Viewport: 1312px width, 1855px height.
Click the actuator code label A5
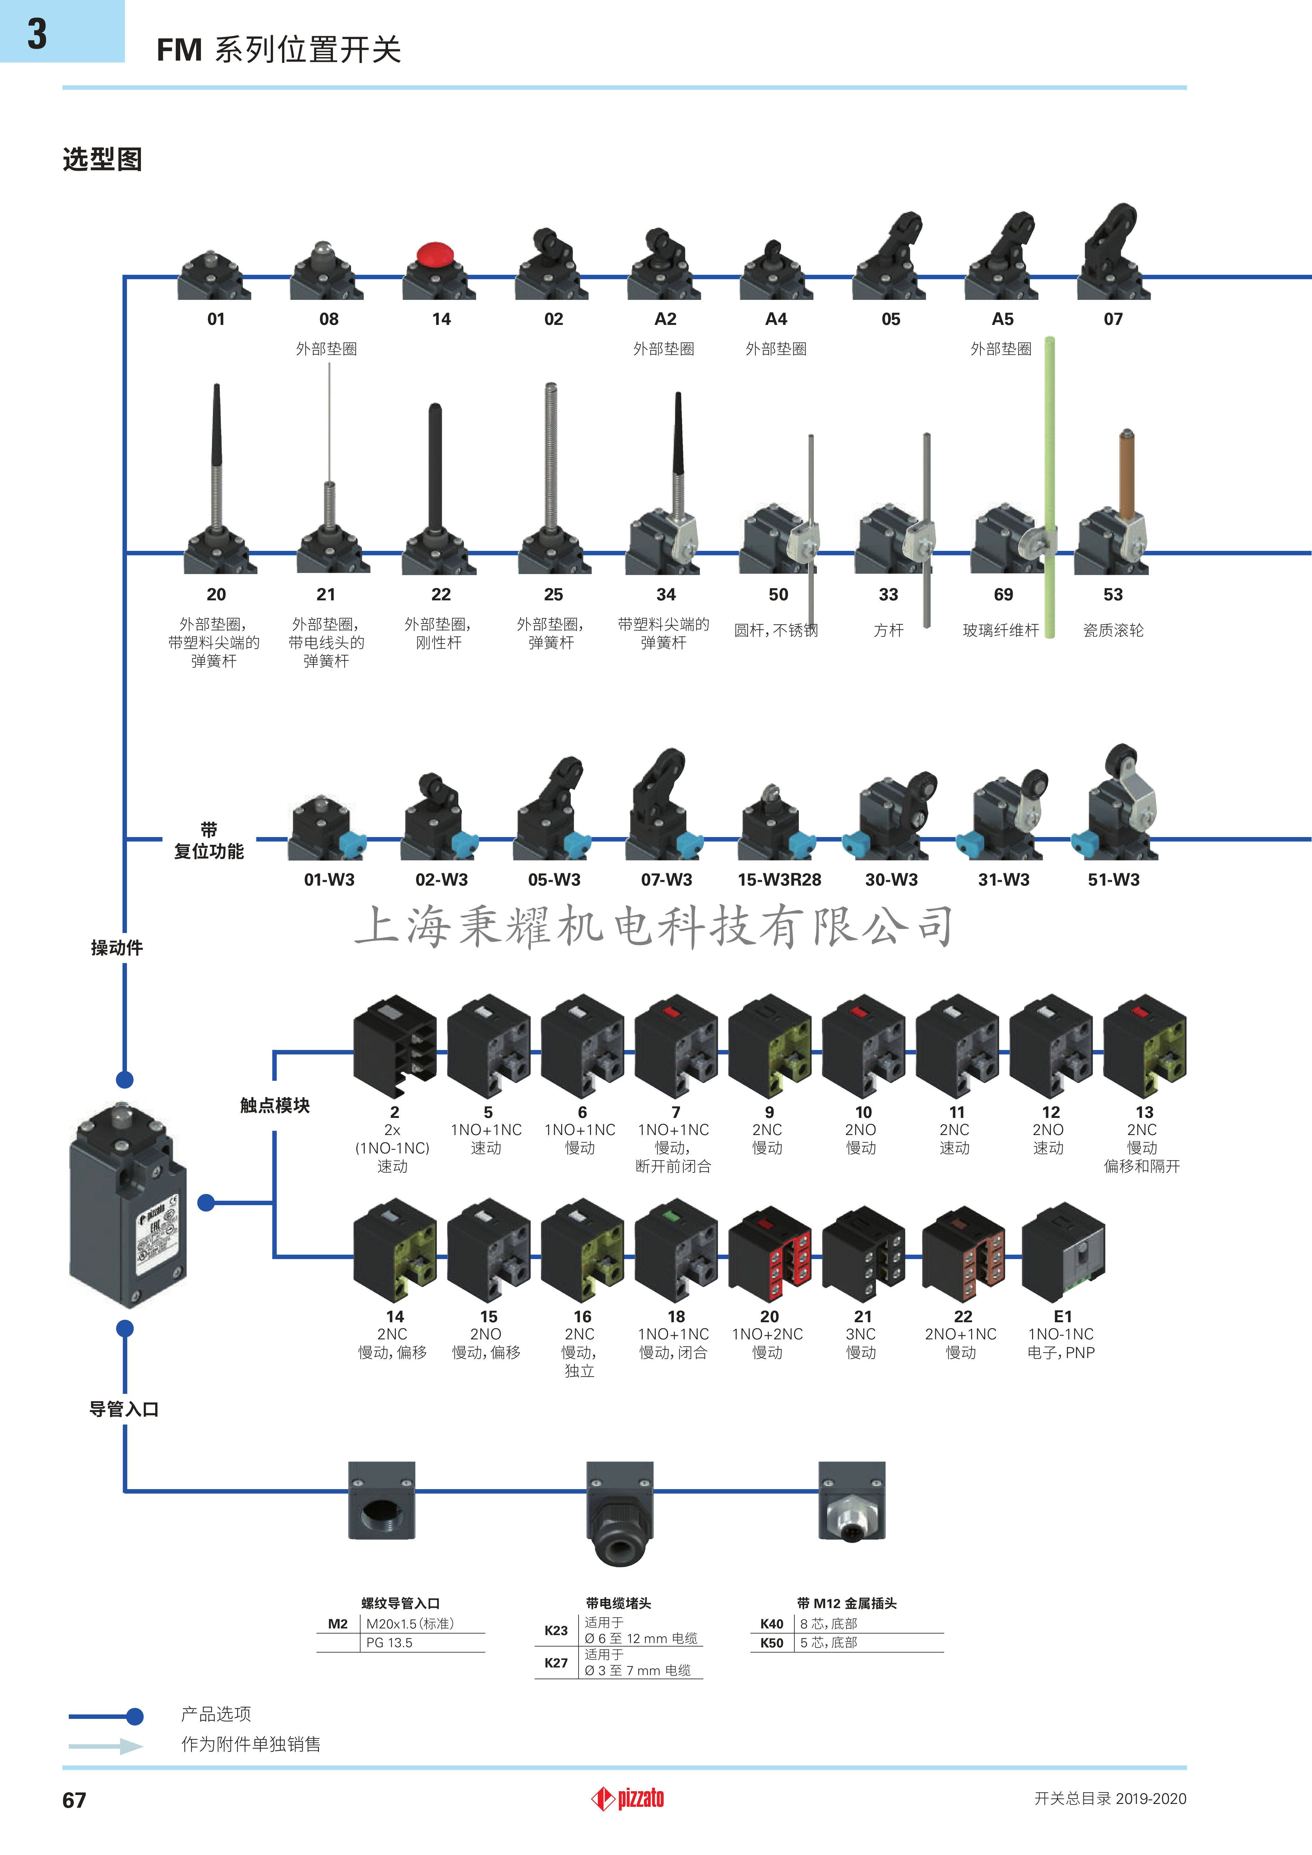pyautogui.click(x=1003, y=319)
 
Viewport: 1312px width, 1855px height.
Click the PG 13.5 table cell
pyautogui.click(x=389, y=1642)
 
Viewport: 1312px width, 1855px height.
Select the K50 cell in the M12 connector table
pyautogui.click(x=772, y=1642)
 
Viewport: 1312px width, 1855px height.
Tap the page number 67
pyautogui.click(x=74, y=1800)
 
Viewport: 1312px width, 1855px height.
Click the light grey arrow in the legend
pyautogui.click(x=107, y=1746)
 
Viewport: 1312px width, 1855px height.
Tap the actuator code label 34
pyautogui.click(x=666, y=595)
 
